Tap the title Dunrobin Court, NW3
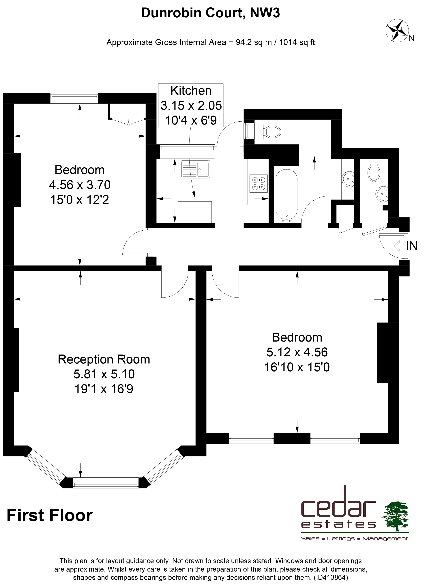[210, 13]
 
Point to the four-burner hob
[259, 183]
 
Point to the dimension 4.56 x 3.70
[80, 184]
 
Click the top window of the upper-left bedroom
[74, 98]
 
